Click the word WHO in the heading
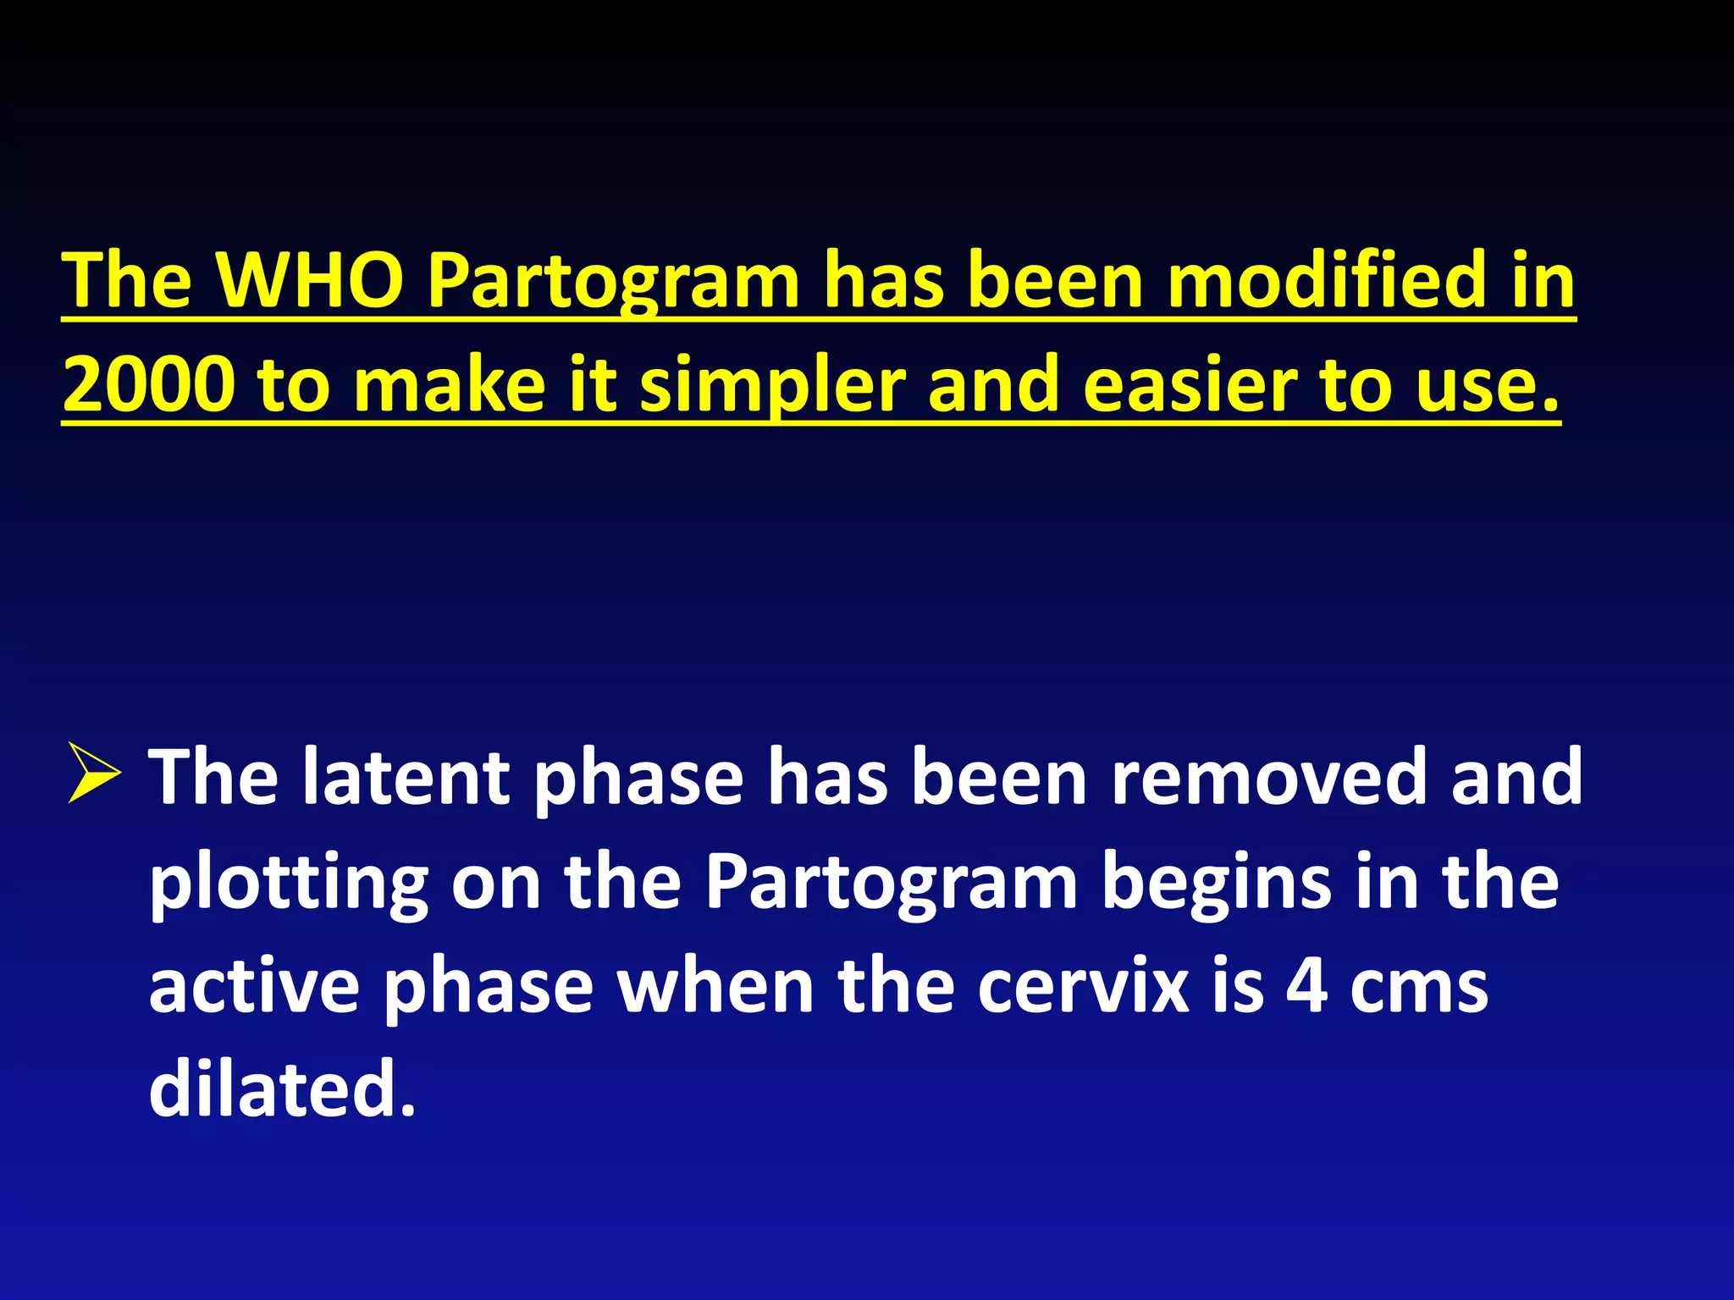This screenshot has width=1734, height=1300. click(310, 280)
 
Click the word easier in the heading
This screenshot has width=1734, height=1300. click(1189, 385)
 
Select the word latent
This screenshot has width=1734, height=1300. click(406, 778)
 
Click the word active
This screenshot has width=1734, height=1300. click(254, 986)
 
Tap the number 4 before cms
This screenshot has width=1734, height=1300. click(1307, 986)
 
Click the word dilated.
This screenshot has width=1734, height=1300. click(281, 1089)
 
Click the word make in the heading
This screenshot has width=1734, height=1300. click(450, 385)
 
